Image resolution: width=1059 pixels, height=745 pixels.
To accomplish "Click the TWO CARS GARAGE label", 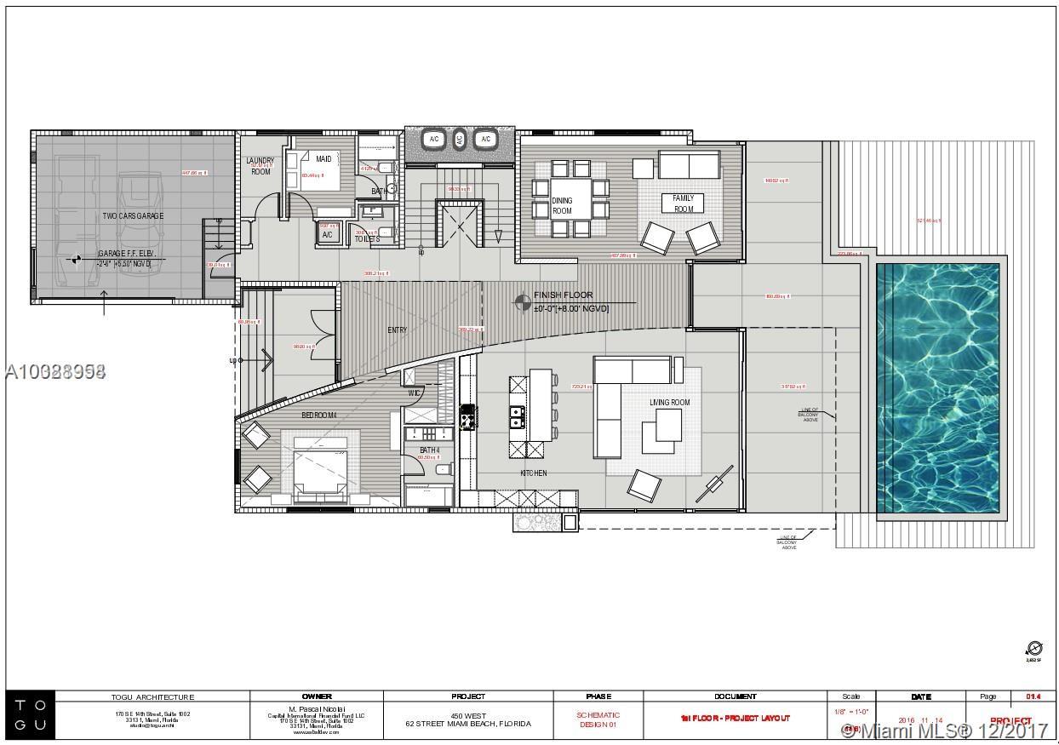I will [x=133, y=216].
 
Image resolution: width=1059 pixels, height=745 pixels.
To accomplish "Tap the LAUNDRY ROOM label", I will [x=260, y=166].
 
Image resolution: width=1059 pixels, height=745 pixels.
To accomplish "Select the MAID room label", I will [x=323, y=159].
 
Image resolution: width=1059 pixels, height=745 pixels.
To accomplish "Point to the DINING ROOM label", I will [x=562, y=206].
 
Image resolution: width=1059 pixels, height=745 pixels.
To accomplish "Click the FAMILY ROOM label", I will [x=684, y=203].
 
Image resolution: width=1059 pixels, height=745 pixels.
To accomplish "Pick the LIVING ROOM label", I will [x=670, y=403].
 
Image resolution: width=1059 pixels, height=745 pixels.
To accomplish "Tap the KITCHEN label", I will [x=534, y=473].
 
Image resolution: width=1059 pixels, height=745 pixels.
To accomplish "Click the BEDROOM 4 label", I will [x=319, y=415].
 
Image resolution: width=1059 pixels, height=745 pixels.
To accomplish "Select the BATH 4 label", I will [x=429, y=450].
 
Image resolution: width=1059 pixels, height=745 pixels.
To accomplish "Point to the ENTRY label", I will [x=397, y=330].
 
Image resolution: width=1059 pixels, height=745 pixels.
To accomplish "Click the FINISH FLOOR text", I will [x=563, y=295].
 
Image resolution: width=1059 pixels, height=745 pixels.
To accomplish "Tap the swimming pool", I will [x=937, y=387].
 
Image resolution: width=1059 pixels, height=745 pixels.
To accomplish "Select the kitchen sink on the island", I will [x=517, y=415].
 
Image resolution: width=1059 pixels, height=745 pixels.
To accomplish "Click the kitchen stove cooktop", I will [x=467, y=416].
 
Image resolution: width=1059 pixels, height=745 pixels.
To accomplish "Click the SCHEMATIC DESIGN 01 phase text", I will [x=598, y=719].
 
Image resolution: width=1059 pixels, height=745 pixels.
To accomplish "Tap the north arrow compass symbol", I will [x=1034, y=649].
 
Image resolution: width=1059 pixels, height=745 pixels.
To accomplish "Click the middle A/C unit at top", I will [x=460, y=139].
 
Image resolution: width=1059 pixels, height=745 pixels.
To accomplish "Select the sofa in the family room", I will [x=688, y=164].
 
